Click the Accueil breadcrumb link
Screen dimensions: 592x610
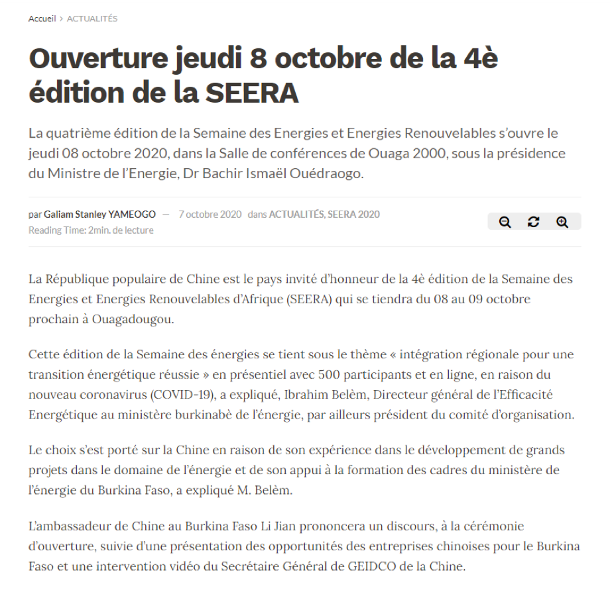pyautogui.click(x=42, y=19)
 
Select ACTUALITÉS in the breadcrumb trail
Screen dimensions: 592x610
pyautogui.click(x=92, y=19)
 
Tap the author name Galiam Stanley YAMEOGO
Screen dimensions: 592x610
pyautogui.click(x=100, y=215)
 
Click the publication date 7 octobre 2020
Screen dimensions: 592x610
pyautogui.click(x=210, y=215)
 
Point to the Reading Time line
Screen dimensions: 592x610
pyautogui.click(x=91, y=230)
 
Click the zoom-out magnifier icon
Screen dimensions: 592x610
pyautogui.click(x=505, y=222)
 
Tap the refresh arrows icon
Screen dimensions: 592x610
pyautogui.click(x=534, y=222)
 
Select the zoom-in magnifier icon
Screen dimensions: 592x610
pyautogui.click(x=562, y=222)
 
